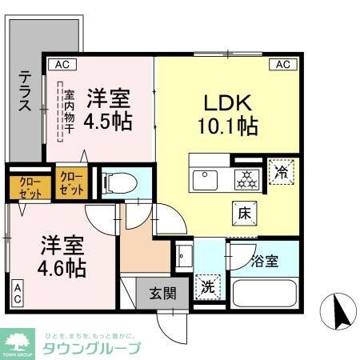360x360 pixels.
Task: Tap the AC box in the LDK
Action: pyautogui.click(x=282, y=64)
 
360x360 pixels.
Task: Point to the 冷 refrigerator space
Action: pyautogui.click(x=282, y=171)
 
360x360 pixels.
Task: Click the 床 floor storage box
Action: pyautogui.click(x=244, y=212)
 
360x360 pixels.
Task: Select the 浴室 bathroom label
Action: pyautogui.click(x=265, y=262)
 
